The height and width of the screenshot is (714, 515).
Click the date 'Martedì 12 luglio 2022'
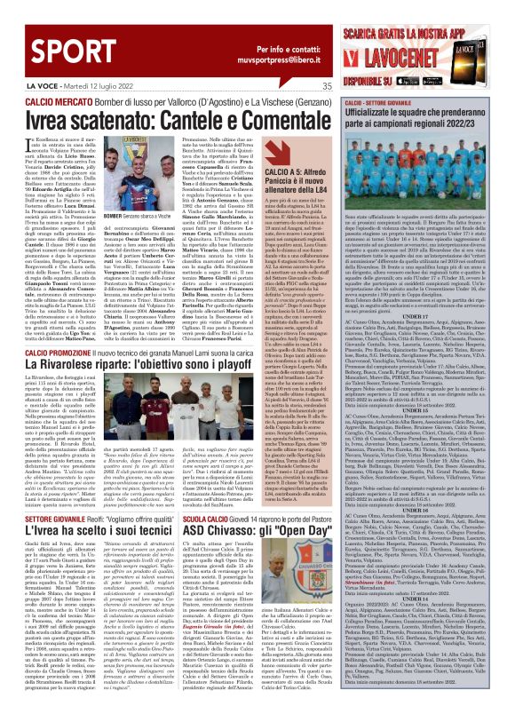pos(75,86)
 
